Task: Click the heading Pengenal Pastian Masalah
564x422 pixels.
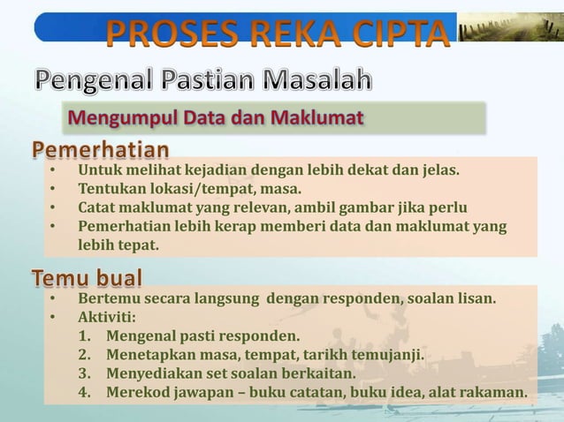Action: [204, 82]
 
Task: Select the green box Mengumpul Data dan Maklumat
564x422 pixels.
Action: [274, 117]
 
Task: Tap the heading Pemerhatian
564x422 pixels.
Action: [102, 147]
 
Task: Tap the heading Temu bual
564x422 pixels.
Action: [88, 279]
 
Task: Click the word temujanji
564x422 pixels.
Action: [386, 355]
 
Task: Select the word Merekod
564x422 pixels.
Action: [135, 392]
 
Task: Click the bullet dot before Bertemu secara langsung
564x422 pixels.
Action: [53, 299]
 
